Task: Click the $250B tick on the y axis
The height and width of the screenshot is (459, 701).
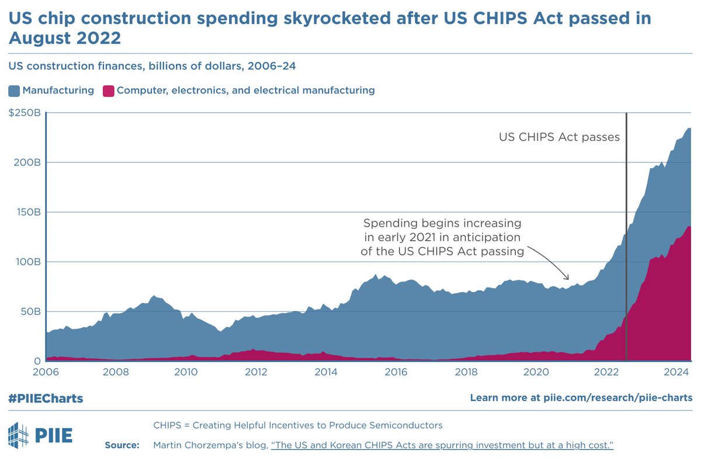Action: pos(24,113)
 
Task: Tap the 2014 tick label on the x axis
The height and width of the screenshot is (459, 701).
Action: pos(326,372)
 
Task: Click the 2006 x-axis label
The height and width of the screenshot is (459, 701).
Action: pos(46,372)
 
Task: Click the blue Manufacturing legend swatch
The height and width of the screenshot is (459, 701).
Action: pos(14,91)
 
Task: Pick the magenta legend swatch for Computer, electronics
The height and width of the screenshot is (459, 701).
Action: pos(108,91)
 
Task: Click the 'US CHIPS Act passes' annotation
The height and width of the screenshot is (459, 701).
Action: pos(558,137)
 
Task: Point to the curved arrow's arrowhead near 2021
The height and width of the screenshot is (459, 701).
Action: pos(568,279)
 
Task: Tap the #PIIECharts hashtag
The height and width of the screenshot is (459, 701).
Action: pos(46,398)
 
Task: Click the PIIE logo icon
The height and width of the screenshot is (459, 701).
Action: pos(17,435)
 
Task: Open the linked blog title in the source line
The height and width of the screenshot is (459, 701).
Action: pos(442,446)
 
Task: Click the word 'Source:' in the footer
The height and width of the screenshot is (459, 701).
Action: pos(122,446)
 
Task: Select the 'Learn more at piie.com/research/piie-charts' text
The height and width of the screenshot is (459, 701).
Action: pos(581,398)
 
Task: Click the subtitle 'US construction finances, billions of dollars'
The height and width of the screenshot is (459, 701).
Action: pos(152,66)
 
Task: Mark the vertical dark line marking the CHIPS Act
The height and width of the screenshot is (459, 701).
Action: pos(626,234)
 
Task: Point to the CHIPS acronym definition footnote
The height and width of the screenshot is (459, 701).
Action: pos(297,425)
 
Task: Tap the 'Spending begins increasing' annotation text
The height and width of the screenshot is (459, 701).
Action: pos(442,223)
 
